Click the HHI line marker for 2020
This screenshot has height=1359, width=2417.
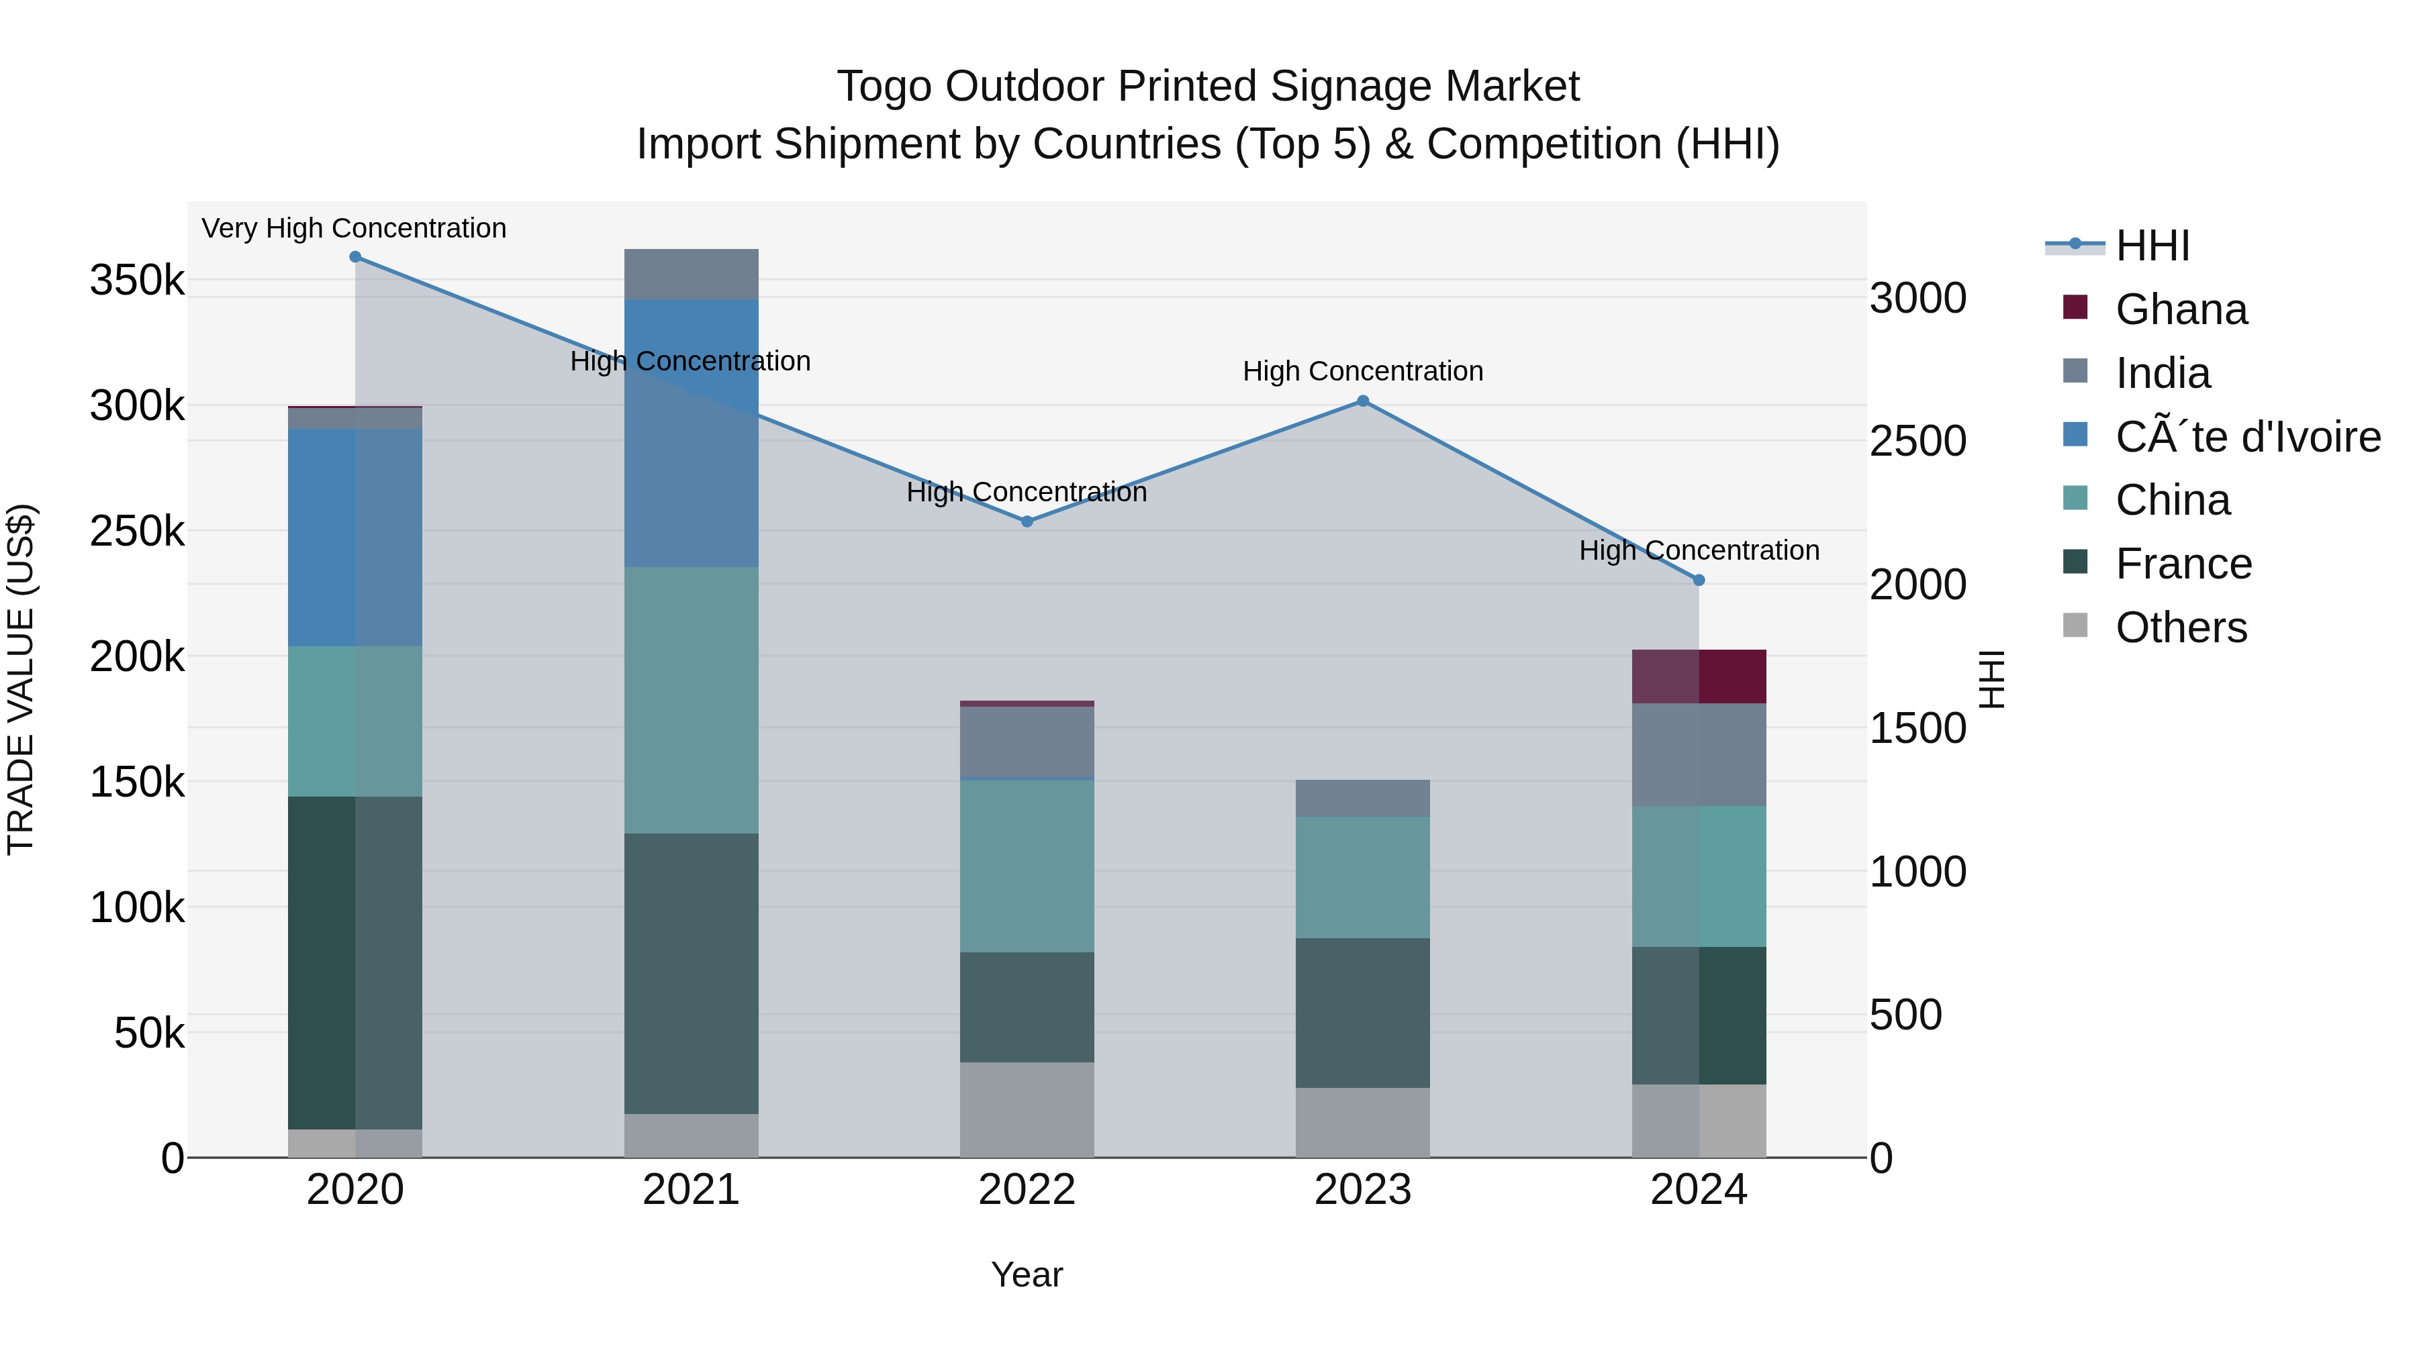(354, 257)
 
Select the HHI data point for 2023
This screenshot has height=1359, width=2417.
(1362, 401)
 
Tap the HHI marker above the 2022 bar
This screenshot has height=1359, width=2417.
(1027, 521)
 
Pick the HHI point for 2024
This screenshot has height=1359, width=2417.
(1699, 581)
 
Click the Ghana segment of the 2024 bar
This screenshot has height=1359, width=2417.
(1699, 676)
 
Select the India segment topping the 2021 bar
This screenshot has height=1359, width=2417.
(691, 274)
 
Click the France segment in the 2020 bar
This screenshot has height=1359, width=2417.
(354, 962)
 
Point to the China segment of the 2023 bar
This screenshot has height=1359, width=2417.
(1362, 877)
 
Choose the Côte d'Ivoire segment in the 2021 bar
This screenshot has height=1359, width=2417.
(691, 434)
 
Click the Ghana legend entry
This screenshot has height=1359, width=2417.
(2181, 309)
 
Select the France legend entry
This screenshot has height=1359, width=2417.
(2183, 564)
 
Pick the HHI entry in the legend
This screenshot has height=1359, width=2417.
(2152, 246)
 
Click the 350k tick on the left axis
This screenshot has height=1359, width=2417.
(137, 281)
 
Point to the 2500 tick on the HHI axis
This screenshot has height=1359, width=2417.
(1918, 442)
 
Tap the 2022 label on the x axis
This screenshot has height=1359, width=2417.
(1027, 1190)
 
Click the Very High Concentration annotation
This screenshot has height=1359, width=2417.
(354, 228)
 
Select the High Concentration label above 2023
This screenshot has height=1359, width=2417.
(1362, 371)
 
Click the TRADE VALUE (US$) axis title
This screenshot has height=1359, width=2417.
(21, 679)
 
